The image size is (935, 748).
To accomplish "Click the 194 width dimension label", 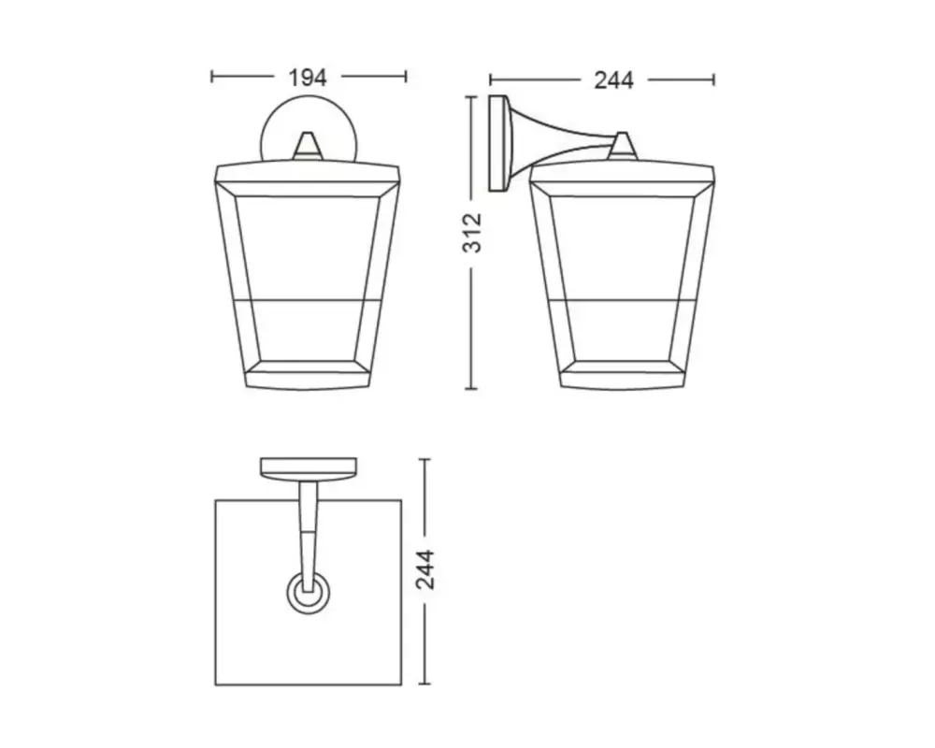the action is pyautogui.click(x=308, y=78).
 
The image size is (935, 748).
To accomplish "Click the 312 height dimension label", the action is pyautogui.click(x=472, y=233).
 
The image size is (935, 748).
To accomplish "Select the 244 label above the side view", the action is pyautogui.click(x=613, y=80).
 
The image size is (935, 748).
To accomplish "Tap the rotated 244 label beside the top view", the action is pyautogui.click(x=425, y=569).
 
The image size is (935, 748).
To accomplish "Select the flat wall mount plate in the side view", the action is pyautogui.click(x=498, y=143).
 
